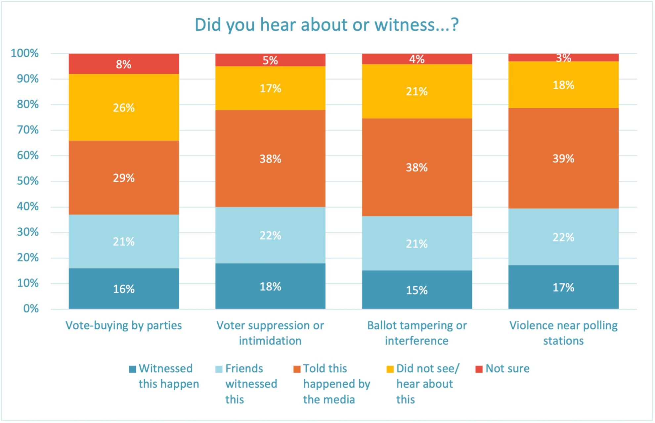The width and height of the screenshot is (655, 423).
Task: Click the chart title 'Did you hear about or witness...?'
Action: [327, 25]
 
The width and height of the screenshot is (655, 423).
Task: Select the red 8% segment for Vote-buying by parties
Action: [124, 64]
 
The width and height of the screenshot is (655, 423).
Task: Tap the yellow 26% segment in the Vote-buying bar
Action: [124, 107]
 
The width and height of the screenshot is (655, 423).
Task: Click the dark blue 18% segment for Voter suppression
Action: [270, 286]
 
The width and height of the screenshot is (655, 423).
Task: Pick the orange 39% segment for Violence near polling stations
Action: [563, 158]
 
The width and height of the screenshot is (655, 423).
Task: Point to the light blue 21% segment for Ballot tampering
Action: [417, 244]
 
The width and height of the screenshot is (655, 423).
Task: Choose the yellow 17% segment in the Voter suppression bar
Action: [270, 88]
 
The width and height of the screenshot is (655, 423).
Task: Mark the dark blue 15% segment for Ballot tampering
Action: [417, 290]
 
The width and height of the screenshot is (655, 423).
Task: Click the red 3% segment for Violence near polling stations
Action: [563, 58]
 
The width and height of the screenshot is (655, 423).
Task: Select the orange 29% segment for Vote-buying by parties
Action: [124, 178]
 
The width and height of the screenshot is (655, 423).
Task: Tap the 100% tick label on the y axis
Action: [25, 53]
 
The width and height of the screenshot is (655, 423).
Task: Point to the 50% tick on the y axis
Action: [28, 181]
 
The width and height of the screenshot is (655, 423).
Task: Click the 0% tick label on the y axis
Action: [31, 309]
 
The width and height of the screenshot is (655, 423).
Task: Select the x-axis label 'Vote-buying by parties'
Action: [124, 325]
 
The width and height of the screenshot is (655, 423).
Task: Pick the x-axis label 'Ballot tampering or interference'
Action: [417, 333]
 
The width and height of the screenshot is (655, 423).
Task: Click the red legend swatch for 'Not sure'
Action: [479, 369]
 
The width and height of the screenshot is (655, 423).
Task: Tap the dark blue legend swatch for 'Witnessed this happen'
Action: [132, 369]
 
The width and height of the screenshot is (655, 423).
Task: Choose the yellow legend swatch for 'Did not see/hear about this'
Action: [390, 369]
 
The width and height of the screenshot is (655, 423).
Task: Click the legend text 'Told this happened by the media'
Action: [336, 384]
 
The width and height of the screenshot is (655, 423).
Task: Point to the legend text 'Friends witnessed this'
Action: [251, 384]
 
